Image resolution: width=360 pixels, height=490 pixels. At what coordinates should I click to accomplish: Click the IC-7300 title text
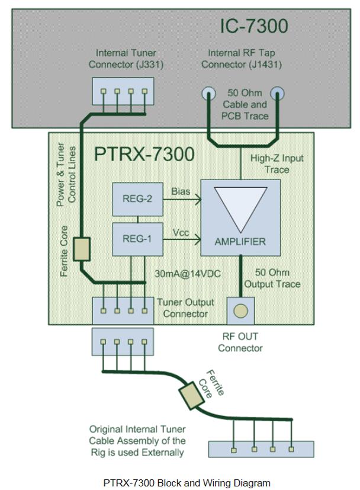click(x=254, y=26)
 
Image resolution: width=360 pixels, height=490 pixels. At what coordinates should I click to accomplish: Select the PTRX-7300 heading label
click(x=144, y=154)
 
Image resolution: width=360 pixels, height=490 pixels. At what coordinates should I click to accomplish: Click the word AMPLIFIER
click(x=240, y=242)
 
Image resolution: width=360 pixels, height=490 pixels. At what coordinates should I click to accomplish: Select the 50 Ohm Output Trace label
click(x=278, y=278)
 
